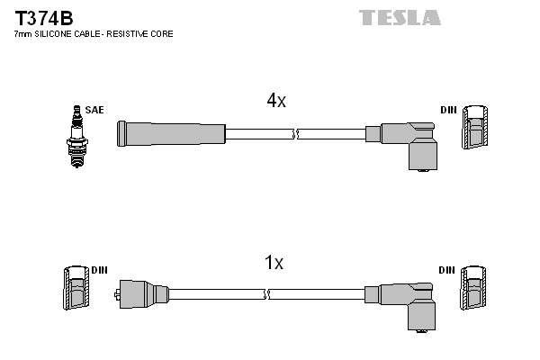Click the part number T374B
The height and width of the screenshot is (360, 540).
[x=43, y=15]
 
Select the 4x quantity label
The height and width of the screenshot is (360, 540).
[x=275, y=102]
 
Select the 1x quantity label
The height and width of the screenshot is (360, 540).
[x=274, y=264]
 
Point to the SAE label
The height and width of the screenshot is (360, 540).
[x=95, y=110]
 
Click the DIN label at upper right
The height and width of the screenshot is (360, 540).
[x=448, y=110]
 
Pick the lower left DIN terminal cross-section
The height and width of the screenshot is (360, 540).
[x=76, y=291]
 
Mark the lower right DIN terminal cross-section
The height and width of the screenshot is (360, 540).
[x=474, y=291]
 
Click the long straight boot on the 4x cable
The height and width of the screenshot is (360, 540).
[x=171, y=134]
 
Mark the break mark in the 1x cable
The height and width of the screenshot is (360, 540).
[x=267, y=293]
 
